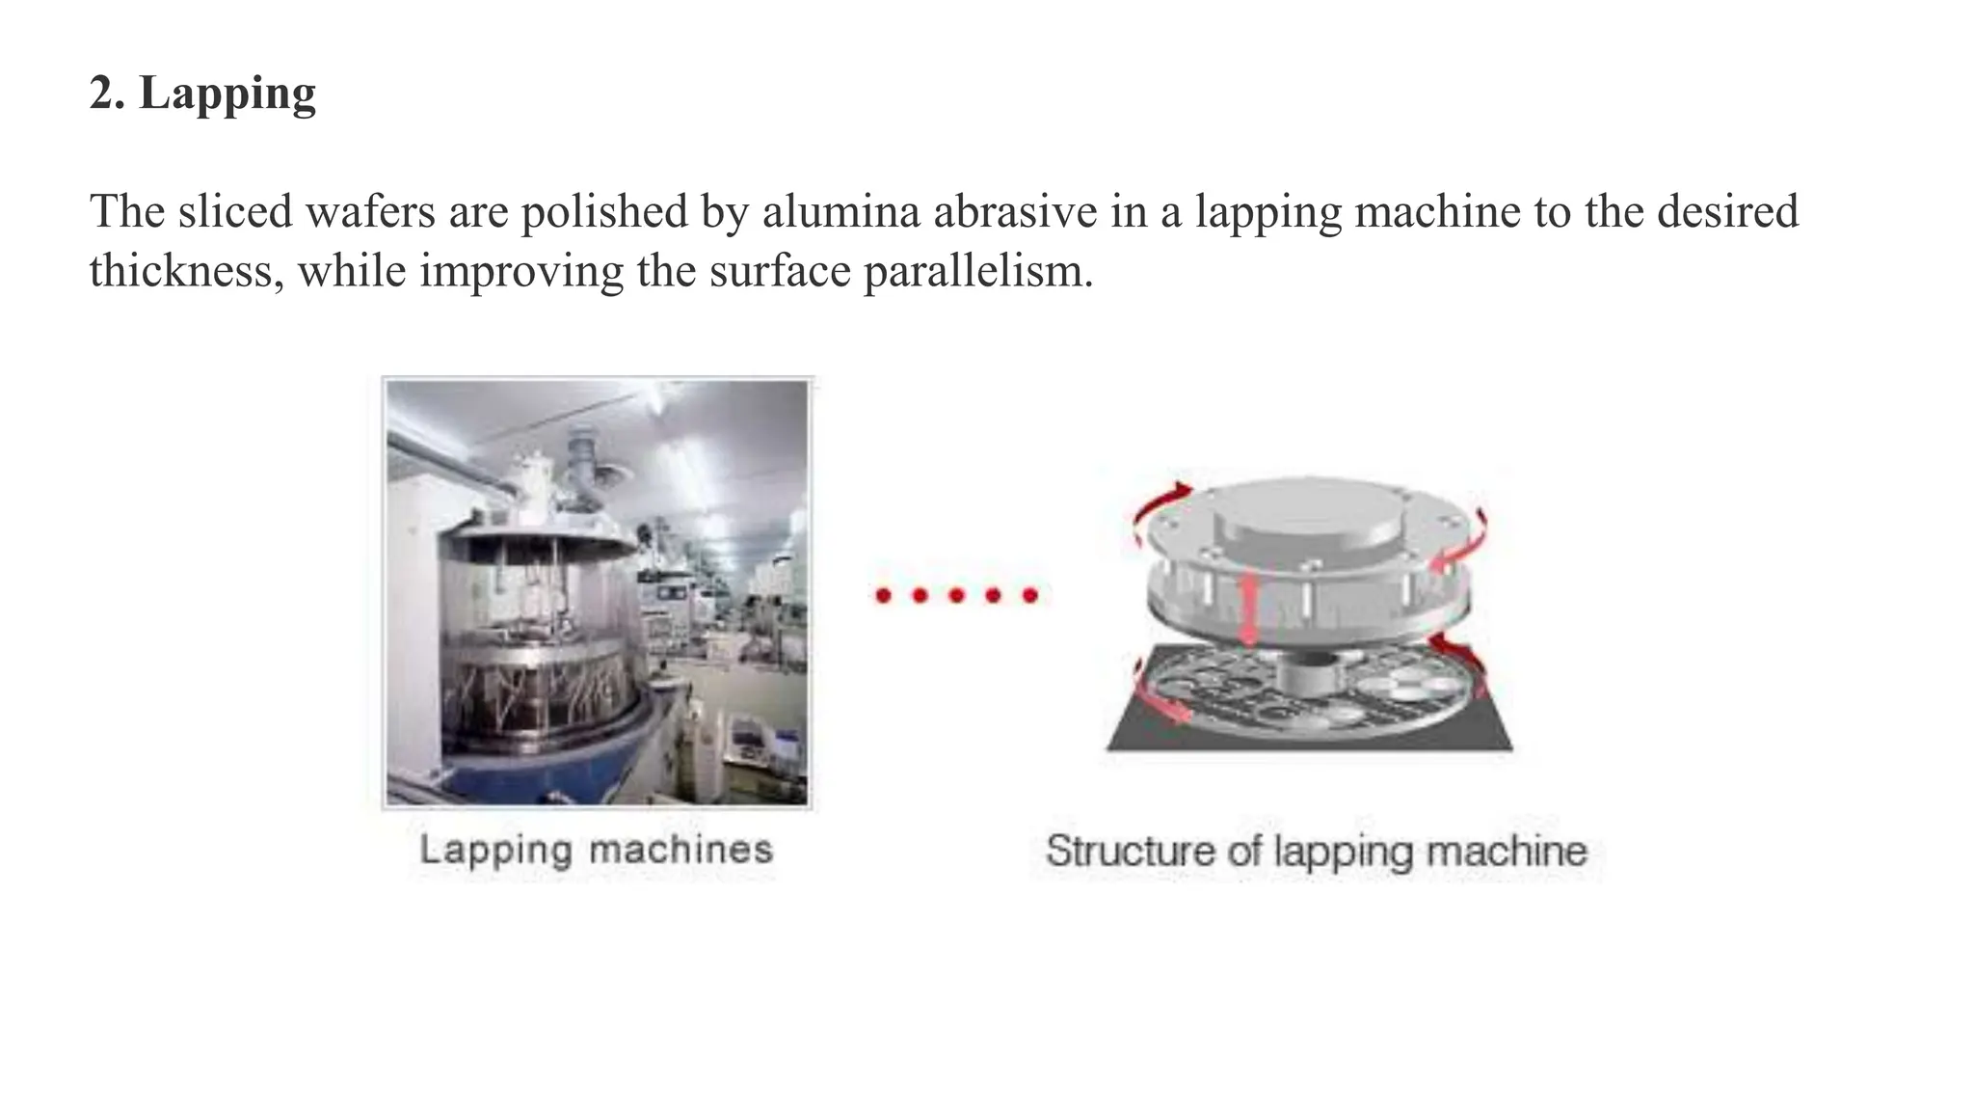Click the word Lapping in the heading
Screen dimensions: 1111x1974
pos(227,95)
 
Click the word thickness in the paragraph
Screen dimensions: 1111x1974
pos(186,271)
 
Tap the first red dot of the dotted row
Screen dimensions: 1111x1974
pos(883,595)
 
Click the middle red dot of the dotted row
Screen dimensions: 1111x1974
pos(956,595)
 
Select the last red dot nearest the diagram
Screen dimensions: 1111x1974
pos(1029,595)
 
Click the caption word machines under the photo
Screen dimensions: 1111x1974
pos(680,851)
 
